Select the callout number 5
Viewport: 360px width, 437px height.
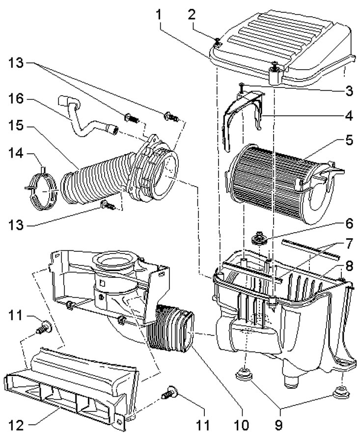tap(349, 140)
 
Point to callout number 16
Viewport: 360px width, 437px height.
tap(16, 99)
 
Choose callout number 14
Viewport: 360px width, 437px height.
tap(16, 153)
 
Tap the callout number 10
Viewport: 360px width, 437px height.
tap(242, 425)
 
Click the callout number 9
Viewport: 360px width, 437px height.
tap(278, 425)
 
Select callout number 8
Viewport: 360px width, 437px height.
tap(349, 266)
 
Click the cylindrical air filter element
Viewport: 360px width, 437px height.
tap(281, 184)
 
